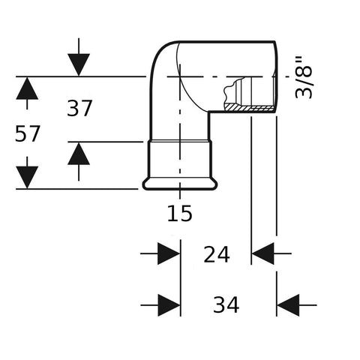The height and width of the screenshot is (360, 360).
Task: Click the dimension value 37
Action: point(79,108)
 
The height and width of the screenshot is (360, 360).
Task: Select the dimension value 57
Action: point(28,133)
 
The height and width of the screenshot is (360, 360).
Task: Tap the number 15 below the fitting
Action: point(179,213)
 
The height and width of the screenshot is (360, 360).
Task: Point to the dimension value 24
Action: point(217,254)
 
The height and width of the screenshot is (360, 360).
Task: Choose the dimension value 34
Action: point(226,304)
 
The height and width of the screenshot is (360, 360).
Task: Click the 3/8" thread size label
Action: point(304,78)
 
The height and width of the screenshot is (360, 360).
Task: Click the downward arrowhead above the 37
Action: point(79,64)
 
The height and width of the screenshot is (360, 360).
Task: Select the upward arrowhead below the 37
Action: point(79,154)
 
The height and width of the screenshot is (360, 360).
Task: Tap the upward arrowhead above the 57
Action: point(27,88)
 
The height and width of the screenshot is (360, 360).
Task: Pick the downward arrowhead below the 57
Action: point(27,177)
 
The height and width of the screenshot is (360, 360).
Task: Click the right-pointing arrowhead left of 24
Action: point(169,253)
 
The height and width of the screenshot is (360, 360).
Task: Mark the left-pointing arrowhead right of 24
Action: point(262,253)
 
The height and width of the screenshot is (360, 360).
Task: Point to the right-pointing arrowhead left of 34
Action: point(169,305)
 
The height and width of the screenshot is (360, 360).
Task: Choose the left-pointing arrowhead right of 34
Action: point(288,305)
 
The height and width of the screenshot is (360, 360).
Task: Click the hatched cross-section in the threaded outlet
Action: point(249,108)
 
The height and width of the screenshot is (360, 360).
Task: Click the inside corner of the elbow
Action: point(209,112)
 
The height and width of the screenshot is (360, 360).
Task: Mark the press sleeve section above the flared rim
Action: point(179,160)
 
